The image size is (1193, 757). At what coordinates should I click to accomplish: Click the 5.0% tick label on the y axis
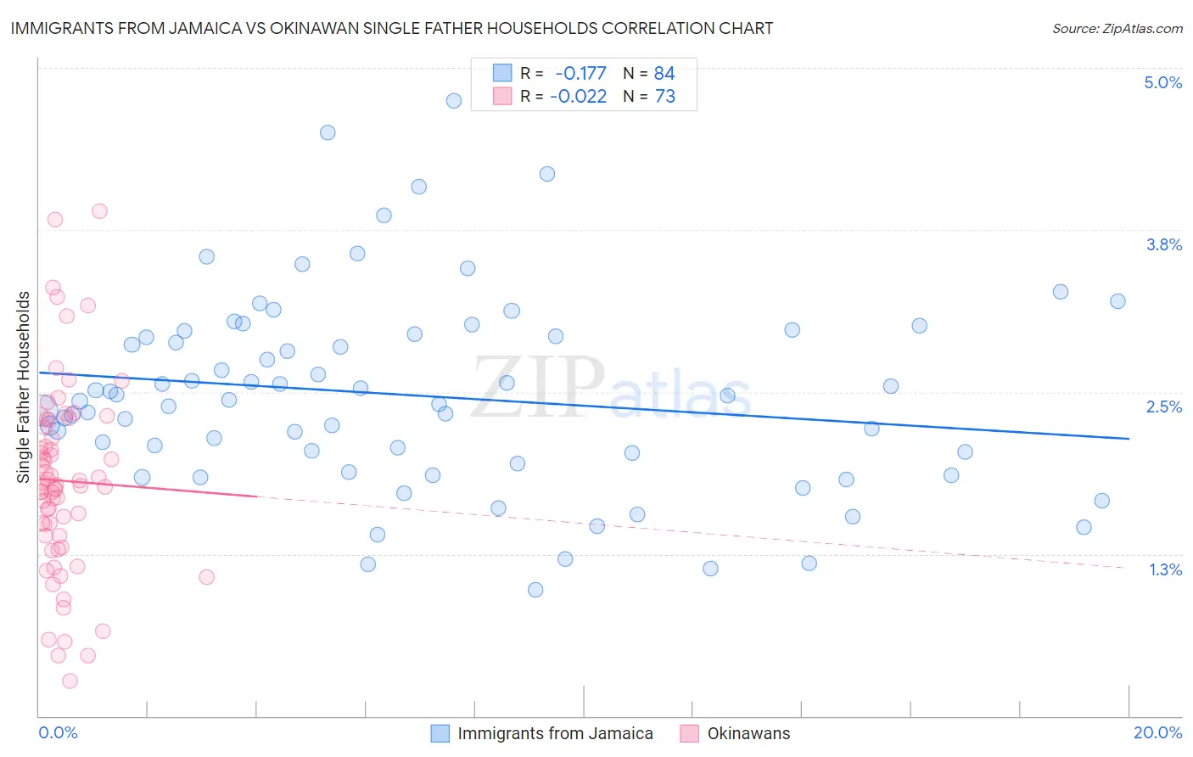point(1162,82)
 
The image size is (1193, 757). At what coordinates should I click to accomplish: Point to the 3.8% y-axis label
point(1163,244)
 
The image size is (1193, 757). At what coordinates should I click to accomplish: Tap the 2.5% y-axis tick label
point(1163,407)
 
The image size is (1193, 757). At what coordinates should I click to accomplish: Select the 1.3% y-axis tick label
point(1165,569)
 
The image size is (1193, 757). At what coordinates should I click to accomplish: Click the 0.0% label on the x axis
point(58,732)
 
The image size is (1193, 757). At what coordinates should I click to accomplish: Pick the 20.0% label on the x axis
point(1157,732)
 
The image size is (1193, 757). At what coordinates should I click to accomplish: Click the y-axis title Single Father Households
point(24,387)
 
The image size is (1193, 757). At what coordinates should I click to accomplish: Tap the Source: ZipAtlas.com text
point(1117,28)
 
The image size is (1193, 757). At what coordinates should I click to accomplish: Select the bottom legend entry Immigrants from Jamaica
point(555,733)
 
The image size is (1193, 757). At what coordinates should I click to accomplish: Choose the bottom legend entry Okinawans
point(748,733)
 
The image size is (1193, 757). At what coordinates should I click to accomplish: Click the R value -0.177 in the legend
point(580,74)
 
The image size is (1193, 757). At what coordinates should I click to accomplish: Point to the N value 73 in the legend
point(665,97)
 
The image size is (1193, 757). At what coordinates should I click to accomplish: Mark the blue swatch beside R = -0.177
point(502,74)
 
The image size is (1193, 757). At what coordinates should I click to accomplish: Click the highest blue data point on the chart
point(454,101)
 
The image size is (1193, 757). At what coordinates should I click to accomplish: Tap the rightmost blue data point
point(1117,301)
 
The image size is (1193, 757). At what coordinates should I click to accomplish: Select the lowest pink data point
point(70,681)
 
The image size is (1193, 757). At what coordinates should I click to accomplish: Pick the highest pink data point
point(99,211)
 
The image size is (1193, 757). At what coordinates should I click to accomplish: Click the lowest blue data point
point(535,590)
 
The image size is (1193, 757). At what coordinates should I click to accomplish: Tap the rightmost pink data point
point(206,577)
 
